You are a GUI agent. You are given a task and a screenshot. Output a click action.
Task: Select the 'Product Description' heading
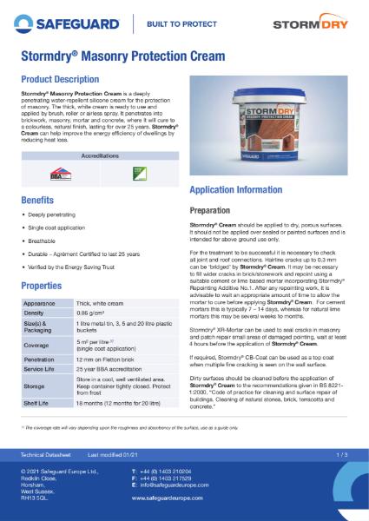(61, 79)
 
